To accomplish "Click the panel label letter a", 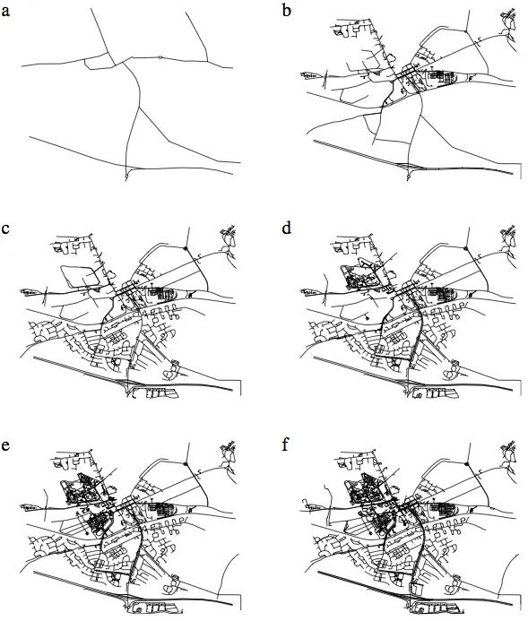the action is pos(5,11).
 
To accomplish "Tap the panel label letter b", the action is pos(286,10).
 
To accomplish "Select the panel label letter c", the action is pos(5,229).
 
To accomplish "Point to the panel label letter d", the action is pos(286,228).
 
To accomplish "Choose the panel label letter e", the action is pos(5,446).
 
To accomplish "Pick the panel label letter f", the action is pos(286,444).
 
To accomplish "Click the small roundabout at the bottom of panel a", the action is pos(126,176).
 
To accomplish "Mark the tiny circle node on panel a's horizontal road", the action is pos(160,57).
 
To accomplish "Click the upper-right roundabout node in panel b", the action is pos(467,30).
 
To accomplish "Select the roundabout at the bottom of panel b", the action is pos(409,176).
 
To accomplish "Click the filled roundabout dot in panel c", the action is pos(185,248).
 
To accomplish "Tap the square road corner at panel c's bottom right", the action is pos(240,381).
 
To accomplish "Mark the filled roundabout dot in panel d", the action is pos(466,248).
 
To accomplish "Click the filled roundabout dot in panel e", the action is pos(185,463).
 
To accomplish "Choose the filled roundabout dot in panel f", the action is pos(466,463).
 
